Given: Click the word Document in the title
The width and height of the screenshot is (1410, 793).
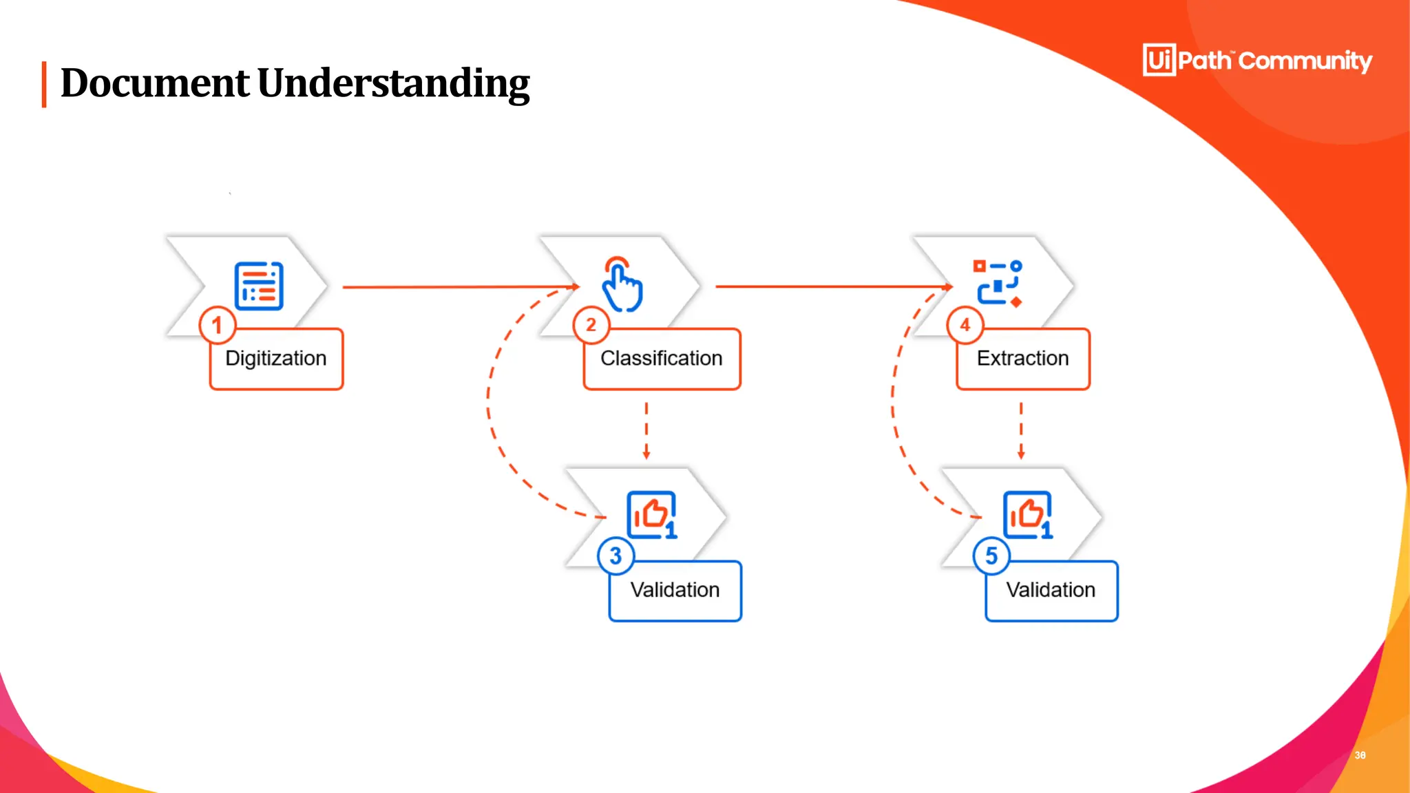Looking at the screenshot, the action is [155, 83].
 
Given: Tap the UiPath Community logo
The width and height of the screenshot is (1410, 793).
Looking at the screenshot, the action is [1257, 61].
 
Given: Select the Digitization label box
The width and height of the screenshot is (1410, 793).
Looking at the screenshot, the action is [276, 359].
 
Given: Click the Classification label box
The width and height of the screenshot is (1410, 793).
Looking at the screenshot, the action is [662, 359].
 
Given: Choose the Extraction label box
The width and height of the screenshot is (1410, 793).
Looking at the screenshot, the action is [1023, 359].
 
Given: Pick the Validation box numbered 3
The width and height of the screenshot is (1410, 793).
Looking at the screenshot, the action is [675, 591].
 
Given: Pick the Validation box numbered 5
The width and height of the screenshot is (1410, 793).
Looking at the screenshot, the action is [1051, 591].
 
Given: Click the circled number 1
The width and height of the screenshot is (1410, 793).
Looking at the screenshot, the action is [218, 325].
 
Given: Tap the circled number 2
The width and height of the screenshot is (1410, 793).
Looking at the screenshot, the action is [591, 325].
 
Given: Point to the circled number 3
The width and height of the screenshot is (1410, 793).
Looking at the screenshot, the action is [616, 556].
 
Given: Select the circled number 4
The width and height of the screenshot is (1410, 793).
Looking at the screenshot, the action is [965, 325].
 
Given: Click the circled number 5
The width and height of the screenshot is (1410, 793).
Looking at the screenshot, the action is [991, 556].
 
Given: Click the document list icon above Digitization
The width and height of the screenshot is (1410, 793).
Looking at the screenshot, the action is [259, 286].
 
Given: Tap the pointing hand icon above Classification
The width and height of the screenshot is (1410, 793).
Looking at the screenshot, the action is [622, 284].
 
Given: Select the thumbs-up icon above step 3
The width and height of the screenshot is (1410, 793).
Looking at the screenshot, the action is [652, 515].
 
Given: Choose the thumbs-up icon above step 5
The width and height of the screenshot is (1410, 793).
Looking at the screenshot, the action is [1028, 515].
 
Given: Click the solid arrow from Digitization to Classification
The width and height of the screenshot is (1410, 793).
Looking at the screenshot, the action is [461, 286].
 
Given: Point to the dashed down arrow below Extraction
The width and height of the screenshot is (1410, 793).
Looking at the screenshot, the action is [1021, 431].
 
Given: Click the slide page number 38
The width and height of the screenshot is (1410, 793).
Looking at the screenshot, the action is [1360, 755].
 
